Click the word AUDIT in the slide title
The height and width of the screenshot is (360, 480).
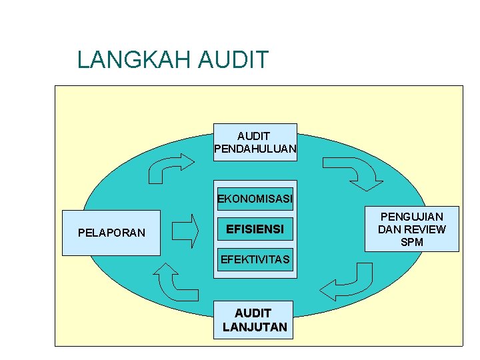tap(233, 60)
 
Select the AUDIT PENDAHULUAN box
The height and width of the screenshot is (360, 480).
tap(255, 142)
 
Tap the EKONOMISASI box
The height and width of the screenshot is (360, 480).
tap(255, 199)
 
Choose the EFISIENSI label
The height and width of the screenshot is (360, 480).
tap(255, 229)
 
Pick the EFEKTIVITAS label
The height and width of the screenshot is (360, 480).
tap(255, 259)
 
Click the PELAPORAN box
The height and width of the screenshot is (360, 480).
tap(111, 233)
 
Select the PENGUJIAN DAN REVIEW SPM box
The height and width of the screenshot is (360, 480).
tap(412, 229)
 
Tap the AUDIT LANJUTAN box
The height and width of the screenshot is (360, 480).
tap(255, 320)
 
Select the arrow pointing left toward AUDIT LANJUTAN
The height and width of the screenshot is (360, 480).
tap(347, 283)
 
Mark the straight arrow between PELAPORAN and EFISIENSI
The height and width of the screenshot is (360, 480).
tap(185, 231)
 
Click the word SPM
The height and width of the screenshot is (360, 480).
tap(412, 242)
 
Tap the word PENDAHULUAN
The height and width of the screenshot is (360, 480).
tap(255, 149)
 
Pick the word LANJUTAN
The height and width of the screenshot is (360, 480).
tap(255, 327)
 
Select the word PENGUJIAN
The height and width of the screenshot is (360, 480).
tap(412, 217)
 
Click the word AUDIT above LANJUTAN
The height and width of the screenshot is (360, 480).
tap(253, 313)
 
